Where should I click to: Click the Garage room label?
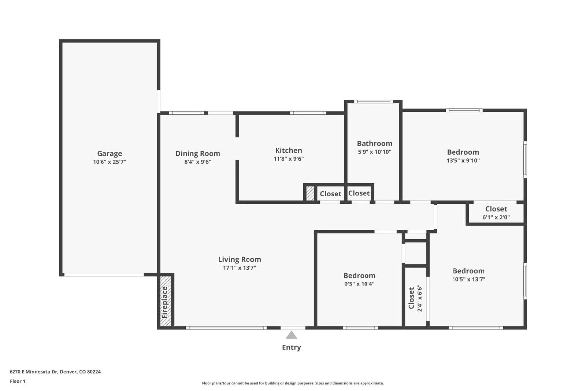click(110, 154)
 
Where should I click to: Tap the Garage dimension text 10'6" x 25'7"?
click(110, 162)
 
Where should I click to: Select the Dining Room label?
click(197, 154)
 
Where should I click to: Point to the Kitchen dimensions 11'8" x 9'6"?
click(289, 159)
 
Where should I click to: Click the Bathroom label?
click(374, 144)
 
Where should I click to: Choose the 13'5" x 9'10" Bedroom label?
click(463, 152)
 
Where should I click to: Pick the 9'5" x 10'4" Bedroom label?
click(359, 276)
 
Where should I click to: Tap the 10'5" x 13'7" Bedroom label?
click(468, 271)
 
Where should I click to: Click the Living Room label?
click(240, 259)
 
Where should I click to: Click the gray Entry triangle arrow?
click(291, 335)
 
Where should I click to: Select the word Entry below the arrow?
click(291, 347)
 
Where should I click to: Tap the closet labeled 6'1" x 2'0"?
click(496, 213)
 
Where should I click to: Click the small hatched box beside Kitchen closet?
click(310, 193)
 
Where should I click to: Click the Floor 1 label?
click(18, 381)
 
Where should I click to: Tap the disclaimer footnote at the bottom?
click(293, 383)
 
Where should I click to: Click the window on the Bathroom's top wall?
click(373, 102)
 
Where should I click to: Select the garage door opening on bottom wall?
click(104, 274)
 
